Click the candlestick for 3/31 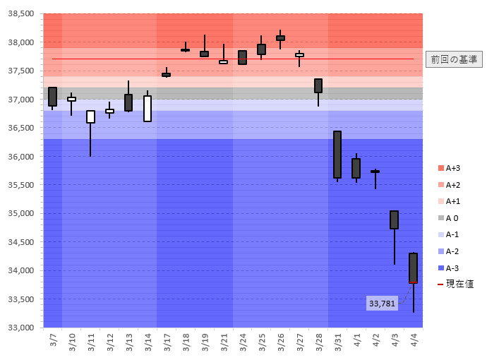[x=337, y=155]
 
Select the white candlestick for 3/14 [x=148, y=109]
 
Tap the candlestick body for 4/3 [x=394, y=220]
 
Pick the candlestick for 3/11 [x=90, y=117]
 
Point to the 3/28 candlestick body [x=318, y=85]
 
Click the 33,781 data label [x=383, y=304]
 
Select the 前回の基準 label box [x=454, y=59]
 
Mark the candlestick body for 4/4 [x=413, y=268]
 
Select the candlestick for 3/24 [x=242, y=57]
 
